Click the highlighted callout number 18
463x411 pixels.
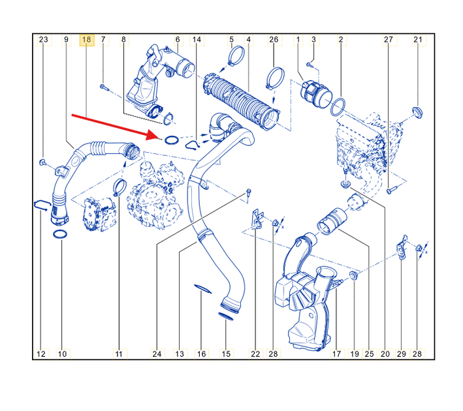click(86, 40)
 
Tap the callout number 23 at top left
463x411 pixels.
click(43, 40)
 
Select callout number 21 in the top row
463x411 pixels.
click(418, 40)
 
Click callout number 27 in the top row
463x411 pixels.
click(389, 40)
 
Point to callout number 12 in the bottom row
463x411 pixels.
click(41, 354)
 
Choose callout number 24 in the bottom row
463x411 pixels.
click(157, 354)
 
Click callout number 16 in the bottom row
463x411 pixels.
click(201, 354)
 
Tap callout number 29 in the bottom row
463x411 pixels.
click(401, 354)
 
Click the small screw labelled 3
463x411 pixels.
click(309, 65)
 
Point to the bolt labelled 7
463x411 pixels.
click(104, 87)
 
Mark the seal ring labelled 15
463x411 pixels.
click(225, 316)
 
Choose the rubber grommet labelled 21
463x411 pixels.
click(417, 113)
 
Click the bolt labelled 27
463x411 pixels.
click(391, 190)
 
